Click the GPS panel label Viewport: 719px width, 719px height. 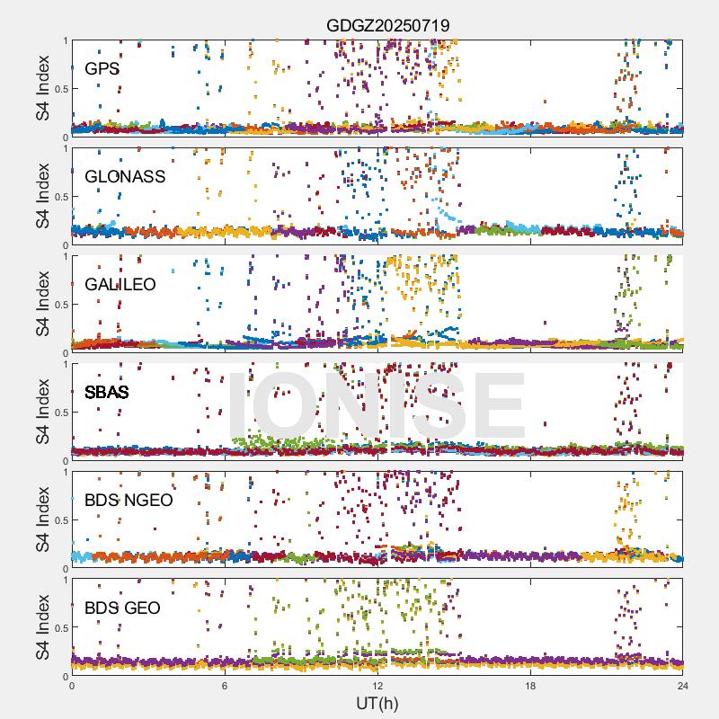click(102, 68)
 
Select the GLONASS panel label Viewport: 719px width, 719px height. click(125, 176)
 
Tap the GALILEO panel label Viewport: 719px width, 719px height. click(120, 284)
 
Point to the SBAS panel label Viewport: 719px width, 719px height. click(107, 392)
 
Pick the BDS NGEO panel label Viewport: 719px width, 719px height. click(129, 500)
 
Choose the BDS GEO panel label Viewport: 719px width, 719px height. click(122, 608)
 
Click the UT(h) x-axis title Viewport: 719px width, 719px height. click(377, 702)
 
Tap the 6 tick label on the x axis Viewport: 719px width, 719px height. click(225, 686)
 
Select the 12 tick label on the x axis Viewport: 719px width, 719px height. click(377, 686)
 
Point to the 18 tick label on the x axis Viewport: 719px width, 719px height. click(530, 686)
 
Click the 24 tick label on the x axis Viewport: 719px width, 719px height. click(683, 686)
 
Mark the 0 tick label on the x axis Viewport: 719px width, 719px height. click(72, 686)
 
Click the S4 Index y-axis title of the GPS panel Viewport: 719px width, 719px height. click(43, 88)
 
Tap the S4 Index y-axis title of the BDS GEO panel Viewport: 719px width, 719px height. click(43, 627)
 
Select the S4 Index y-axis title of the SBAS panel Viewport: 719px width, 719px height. click(43, 412)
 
